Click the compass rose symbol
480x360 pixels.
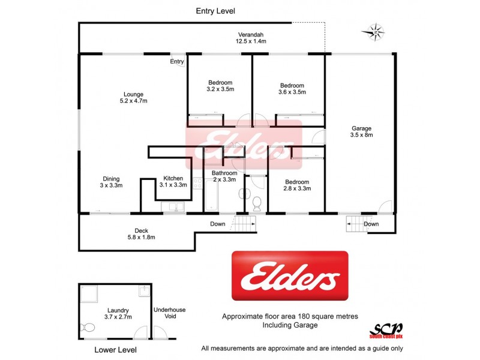(x=375, y=31)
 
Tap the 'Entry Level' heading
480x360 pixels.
(x=215, y=11)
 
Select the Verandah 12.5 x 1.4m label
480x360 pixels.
(x=250, y=38)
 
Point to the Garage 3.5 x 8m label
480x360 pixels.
(x=361, y=131)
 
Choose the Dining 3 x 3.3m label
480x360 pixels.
(x=111, y=182)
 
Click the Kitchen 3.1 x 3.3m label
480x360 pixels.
(x=173, y=181)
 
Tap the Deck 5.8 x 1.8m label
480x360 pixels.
(x=142, y=234)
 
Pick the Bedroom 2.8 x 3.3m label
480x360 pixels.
(x=296, y=185)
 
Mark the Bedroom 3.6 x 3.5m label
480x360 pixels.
(x=292, y=89)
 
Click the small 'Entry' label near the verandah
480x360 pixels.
(x=177, y=62)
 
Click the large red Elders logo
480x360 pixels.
(x=290, y=276)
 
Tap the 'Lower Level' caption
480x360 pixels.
(x=115, y=349)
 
